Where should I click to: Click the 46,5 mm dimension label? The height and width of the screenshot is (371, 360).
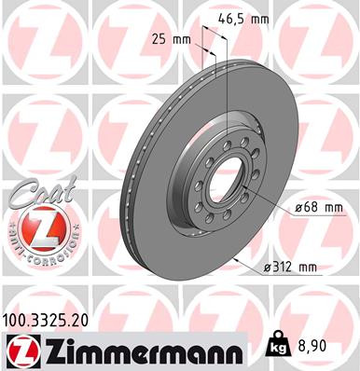[246, 18]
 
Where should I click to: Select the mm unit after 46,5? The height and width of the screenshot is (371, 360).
[263, 18]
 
